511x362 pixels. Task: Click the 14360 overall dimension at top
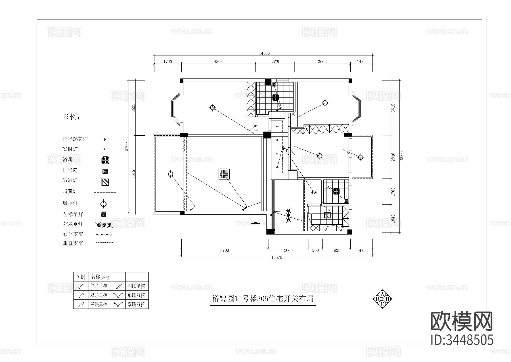pyautogui.click(x=264, y=53)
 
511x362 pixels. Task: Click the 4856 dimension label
pyautogui.click(x=218, y=61)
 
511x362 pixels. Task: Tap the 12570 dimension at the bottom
pyautogui.click(x=277, y=258)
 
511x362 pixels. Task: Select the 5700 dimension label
pyautogui.click(x=224, y=251)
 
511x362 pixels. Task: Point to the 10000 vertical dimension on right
pyautogui.click(x=401, y=156)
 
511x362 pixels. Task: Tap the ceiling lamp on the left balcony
pyautogui.click(x=170, y=174)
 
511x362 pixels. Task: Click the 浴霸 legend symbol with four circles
pyautogui.click(x=105, y=160)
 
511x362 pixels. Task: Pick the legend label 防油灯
pyautogui.click(x=70, y=180)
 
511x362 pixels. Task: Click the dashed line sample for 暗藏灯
pyautogui.click(x=105, y=192)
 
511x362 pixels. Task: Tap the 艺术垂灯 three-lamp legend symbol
pyautogui.click(x=104, y=225)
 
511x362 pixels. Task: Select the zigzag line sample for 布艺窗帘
pyautogui.click(x=104, y=235)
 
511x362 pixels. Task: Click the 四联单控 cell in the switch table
pyautogui.click(x=136, y=286)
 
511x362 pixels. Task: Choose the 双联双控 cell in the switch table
pyautogui.click(x=136, y=304)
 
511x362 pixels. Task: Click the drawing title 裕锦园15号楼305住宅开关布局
pyautogui.click(x=263, y=299)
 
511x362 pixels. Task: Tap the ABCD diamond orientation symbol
pyautogui.click(x=382, y=299)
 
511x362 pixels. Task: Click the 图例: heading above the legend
pyautogui.click(x=72, y=117)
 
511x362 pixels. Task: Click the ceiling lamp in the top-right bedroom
pyautogui.click(x=325, y=103)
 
